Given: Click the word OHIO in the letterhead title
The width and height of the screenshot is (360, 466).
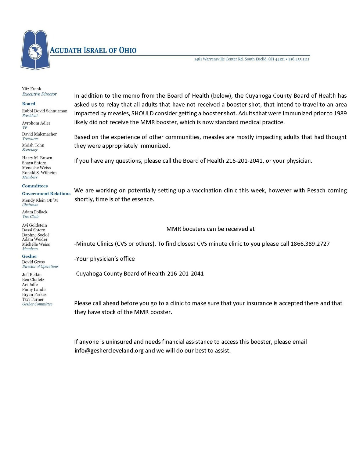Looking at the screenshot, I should tap(128, 50).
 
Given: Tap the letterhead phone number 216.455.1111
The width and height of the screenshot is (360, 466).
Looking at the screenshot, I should tap(299, 59).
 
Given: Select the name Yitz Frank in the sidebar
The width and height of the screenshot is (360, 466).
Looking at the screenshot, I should tap(31, 89).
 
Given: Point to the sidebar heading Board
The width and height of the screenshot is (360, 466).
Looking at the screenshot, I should tap(28, 104).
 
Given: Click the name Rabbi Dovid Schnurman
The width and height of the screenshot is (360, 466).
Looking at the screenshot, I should tap(45, 111).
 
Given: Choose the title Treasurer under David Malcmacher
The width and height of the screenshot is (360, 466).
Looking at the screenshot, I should tap(30, 139).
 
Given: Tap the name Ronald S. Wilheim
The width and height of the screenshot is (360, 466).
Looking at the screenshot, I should tap(39, 173).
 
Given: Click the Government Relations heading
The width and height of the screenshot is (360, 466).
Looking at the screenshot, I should tap(46, 193).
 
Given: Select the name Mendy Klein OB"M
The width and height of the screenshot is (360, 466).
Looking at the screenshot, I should tap(40, 200).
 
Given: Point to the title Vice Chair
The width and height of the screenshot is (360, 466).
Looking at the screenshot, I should tap(31, 217).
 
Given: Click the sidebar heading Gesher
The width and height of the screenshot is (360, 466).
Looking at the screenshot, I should tap(30, 256).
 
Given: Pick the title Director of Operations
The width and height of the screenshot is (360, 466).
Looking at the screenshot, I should tap(40, 266).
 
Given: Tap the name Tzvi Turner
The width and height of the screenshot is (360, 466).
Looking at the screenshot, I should tap(33, 299).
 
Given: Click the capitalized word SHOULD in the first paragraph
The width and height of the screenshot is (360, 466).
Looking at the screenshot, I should tap(142, 114).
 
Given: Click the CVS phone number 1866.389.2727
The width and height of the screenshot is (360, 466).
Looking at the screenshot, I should tap(310, 244).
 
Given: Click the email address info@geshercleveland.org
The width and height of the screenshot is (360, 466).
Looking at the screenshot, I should tap(109, 351).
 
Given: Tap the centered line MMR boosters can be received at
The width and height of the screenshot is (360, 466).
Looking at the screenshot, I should tap(211, 229).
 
